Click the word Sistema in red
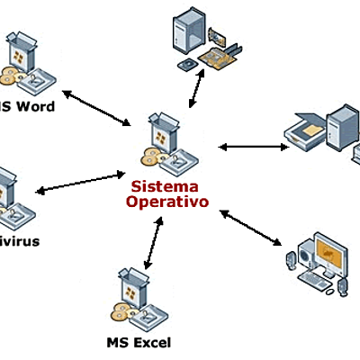pos(166,186)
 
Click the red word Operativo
pos(166,202)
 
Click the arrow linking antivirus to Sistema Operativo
pos(79,181)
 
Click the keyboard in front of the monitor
pos(316,281)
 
